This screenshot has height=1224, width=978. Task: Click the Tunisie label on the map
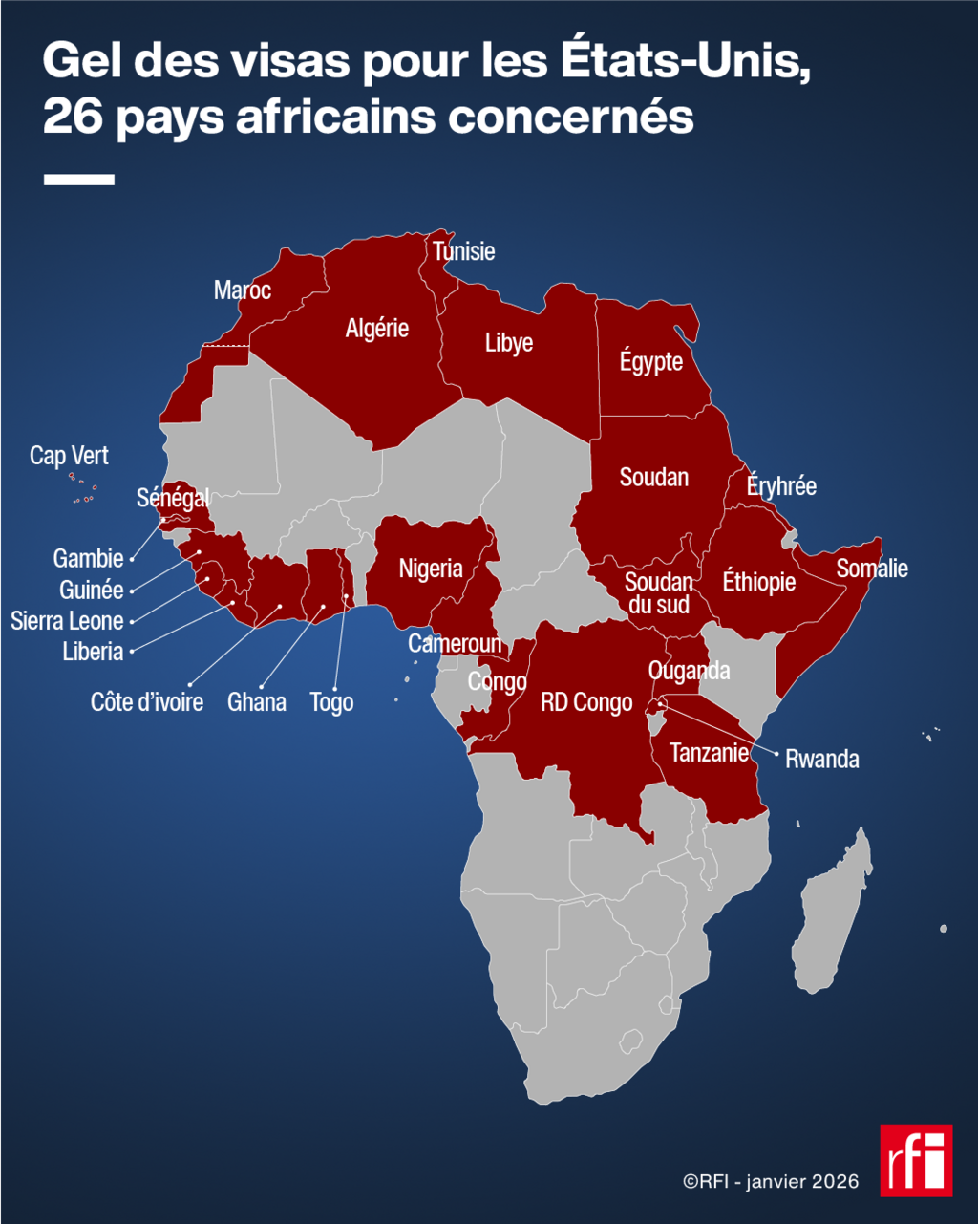pyautogui.click(x=464, y=251)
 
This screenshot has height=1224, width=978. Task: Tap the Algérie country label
pyautogui.click(x=377, y=329)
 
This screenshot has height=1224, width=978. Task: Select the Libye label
pyautogui.click(x=509, y=343)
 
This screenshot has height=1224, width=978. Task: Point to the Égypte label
pyautogui.click(x=651, y=362)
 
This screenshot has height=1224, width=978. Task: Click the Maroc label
pyautogui.click(x=243, y=290)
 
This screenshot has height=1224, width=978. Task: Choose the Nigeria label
pyautogui.click(x=431, y=569)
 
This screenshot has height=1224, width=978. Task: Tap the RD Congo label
pyautogui.click(x=586, y=702)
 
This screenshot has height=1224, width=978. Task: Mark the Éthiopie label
pyautogui.click(x=759, y=581)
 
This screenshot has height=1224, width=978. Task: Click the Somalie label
pyautogui.click(x=872, y=569)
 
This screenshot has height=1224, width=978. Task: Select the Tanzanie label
pyautogui.click(x=709, y=753)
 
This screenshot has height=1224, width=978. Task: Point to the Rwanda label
pyautogui.click(x=821, y=760)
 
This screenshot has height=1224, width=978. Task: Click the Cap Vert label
pyautogui.click(x=69, y=456)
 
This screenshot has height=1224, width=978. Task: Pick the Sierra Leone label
pyautogui.click(x=67, y=621)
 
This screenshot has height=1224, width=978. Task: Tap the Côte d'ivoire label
pyautogui.click(x=147, y=702)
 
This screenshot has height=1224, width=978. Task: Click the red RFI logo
pyautogui.click(x=916, y=1160)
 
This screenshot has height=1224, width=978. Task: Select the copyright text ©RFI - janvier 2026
pyautogui.click(x=771, y=1182)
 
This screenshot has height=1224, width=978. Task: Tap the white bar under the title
pyautogui.click(x=78, y=179)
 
